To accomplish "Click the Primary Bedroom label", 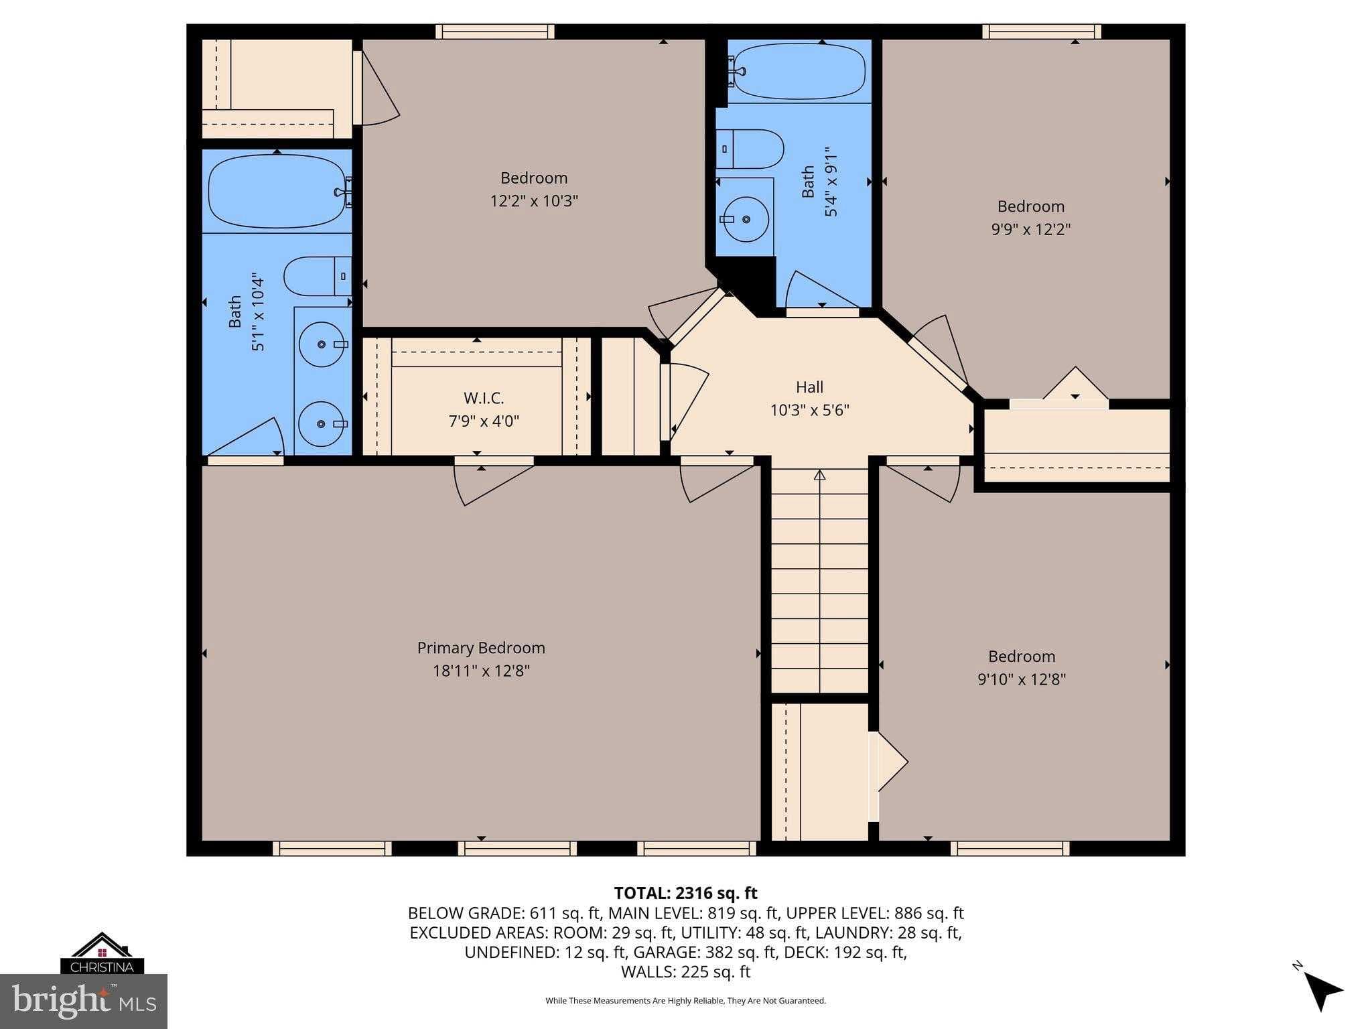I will [x=481, y=648].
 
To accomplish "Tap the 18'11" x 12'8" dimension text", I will [x=481, y=671].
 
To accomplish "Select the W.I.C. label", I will [x=484, y=399].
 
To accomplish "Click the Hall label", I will [x=809, y=387].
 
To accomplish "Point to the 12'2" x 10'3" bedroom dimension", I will [x=534, y=201].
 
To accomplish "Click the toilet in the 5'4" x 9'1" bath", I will [x=750, y=149].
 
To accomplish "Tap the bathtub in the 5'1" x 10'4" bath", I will [x=277, y=192].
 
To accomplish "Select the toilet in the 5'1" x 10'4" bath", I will [x=316, y=276].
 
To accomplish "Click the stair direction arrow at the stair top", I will [x=819, y=475].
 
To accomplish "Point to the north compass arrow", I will [x=1321, y=990].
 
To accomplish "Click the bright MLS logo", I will [x=84, y=1001].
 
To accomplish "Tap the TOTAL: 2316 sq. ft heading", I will [x=685, y=893].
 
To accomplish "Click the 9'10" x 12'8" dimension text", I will [x=1021, y=679].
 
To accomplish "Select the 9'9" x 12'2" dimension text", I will [x=1030, y=229].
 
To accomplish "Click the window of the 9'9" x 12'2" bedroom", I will [x=1042, y=31].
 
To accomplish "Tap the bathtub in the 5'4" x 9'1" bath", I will [x=801, y=71].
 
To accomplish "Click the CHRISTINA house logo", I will [x=102, y=953].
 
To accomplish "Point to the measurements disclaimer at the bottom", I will [x=685, y=1001].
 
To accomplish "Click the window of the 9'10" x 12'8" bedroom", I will [x=1010, y=849].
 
